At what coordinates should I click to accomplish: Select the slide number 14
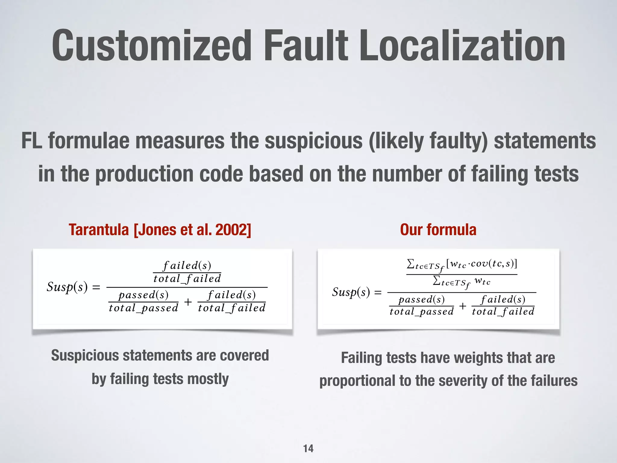pos(308,449)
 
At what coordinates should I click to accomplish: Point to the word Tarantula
pos(99,230)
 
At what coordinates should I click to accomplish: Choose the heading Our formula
pos(438,230)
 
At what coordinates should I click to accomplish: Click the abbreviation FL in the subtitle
pos(31,141)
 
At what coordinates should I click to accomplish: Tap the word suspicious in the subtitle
pos(314,141)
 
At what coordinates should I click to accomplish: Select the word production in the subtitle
pos(144,174)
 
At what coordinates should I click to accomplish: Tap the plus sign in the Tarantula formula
pos(188,302)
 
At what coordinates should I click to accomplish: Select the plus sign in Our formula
pos(462,306)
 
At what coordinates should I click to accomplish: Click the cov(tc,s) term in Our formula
pos(492,264)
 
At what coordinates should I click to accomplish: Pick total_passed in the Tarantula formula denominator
pos(143,308)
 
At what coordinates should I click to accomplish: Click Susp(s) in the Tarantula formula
pos(67,287)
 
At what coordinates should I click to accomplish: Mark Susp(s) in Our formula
pos(351,292)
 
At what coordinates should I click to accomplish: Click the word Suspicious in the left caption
pos(85,355)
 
